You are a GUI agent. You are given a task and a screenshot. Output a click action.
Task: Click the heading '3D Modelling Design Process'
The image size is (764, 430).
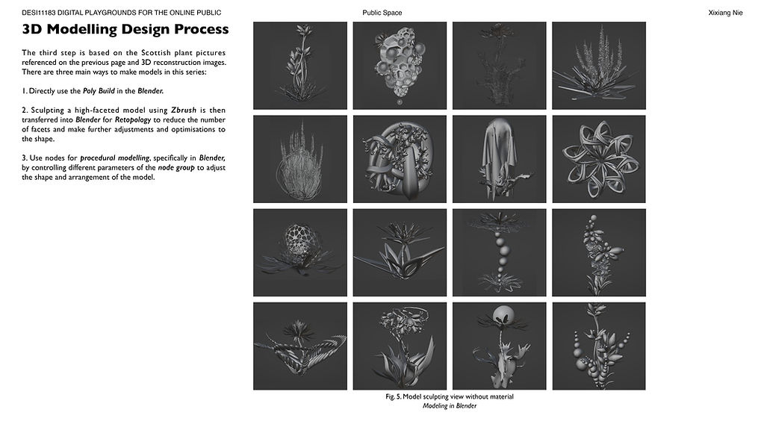pos(125,29)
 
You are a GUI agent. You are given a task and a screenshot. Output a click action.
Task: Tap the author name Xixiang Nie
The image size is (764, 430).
pos(725,13)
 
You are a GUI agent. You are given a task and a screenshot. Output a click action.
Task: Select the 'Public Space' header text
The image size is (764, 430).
pos(382,13)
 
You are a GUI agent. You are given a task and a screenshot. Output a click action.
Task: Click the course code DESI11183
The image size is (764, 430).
pos(39,13)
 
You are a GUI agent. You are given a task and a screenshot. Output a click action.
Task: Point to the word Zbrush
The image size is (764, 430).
pos(184,110)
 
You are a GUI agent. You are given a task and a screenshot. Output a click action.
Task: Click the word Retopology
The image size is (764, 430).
pos(133,119)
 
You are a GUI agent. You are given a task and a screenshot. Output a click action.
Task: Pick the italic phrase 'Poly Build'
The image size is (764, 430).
pos(99,91)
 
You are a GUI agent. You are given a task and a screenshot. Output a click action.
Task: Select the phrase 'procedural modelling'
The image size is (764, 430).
pos(115,158)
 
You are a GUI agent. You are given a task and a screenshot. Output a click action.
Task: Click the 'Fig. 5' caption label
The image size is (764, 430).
pos(393,396)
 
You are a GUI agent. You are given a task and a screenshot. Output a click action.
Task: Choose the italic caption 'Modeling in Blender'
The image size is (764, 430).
pos(450,405)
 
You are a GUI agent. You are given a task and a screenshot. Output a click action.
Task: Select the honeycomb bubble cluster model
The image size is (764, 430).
pos(400,63)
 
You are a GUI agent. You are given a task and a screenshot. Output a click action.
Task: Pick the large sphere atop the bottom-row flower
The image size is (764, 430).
pos(503,316)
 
